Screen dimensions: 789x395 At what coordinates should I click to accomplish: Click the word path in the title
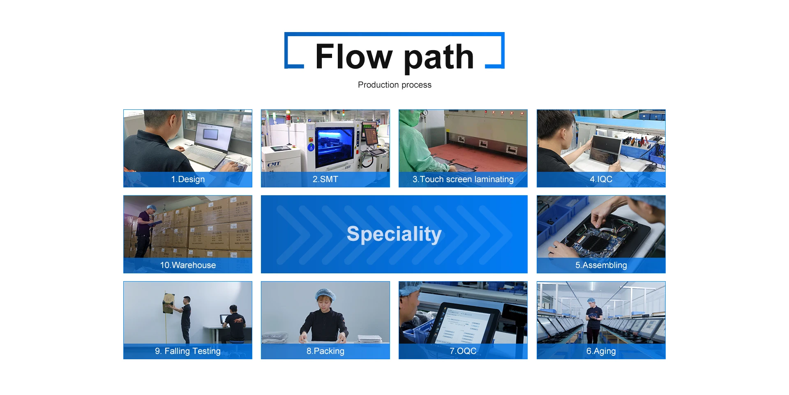pyautogui.click(x=439, y=58)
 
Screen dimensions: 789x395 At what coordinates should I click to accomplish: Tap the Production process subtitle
pyautogui.click(x=394, y=85)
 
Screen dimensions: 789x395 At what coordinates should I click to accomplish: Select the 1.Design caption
pyautogui.click(x=188, y=179)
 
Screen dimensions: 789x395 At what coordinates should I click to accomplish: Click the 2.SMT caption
pyautogui.click(x=325, y=179)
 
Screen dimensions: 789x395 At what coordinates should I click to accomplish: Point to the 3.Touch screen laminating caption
pyautogui.click(x=463, y=179)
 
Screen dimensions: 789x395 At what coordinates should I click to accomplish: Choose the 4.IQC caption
pyautogui.click(x=601, y=179)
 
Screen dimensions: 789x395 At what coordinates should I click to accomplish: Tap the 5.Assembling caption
pyautogui.click(x=601, y=265)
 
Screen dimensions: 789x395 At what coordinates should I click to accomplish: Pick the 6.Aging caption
pyautogui.click(x=601, y=351)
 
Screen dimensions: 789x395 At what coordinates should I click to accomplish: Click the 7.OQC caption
pyautogui.click(x=463, y=351)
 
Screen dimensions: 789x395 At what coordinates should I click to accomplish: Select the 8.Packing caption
pyautogui.click(x=325, y=351)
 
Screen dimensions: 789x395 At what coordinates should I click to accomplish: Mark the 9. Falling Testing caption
pyautogui.click(x=188, y=351)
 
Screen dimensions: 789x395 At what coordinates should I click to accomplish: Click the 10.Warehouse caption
pyautogui.click(x=188, y=265)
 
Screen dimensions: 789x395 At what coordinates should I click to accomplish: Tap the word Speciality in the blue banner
pyautogui.click(x=394, y=234)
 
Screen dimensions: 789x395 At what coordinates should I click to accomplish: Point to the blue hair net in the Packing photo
pyautogui.click(x=325, y=294)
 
